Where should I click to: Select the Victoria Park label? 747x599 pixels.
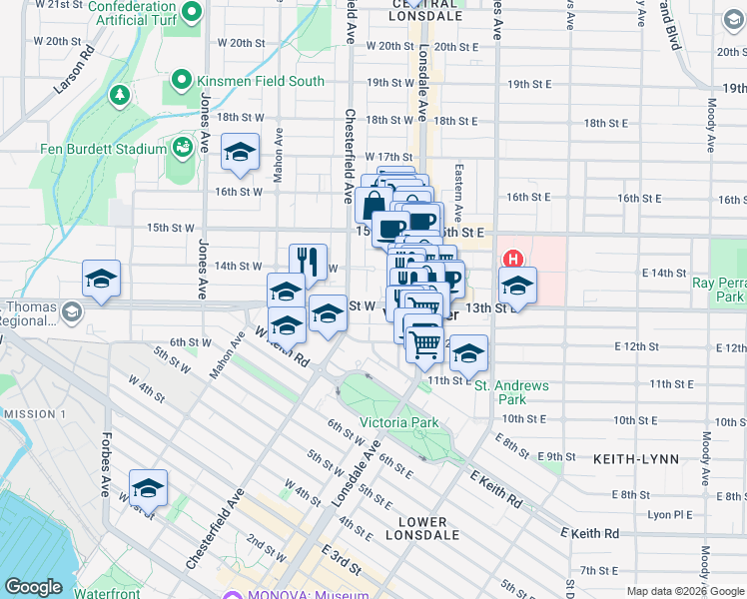click(x=398, y=423)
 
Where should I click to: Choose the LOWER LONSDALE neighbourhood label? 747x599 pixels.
click(x=429, y=528)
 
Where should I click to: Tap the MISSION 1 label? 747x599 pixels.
click(x=35, y=414)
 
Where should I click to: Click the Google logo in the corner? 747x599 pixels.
click(x=33, y=587)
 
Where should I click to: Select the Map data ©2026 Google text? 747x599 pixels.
click(x=685, y=591)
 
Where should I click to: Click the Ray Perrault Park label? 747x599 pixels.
click(x=719, y=290)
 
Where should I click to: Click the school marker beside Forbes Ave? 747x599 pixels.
click(x=148, y=488)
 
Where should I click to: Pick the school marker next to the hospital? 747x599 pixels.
click(x=517, y=286)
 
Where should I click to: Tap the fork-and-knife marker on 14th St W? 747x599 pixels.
click(x=309, y=263)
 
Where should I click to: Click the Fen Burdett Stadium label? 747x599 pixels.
click(x=103, y=150)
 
